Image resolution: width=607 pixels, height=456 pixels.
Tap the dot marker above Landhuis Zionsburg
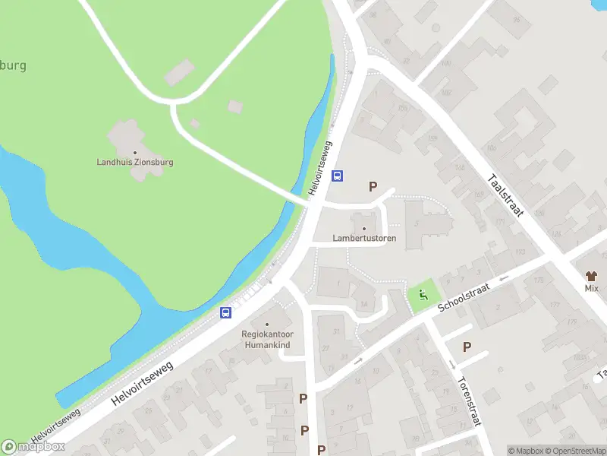135,152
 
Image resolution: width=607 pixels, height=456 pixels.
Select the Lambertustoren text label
364,238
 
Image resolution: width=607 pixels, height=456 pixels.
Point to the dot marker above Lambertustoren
364,229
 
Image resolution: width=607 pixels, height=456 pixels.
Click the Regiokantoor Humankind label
266,339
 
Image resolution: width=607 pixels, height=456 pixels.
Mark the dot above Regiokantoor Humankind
266,325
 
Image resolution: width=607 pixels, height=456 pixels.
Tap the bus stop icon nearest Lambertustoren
338,176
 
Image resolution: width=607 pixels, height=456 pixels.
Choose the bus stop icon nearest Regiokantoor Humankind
225,312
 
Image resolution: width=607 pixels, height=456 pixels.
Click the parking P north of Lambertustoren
373,186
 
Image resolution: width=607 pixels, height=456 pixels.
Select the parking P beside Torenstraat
467,347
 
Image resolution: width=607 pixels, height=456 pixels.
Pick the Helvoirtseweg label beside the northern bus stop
322,167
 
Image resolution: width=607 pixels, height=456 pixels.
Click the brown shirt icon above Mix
592,277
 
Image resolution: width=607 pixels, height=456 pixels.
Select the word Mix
592,289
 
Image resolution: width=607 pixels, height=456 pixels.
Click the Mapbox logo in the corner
33,446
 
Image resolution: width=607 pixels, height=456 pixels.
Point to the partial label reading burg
13,65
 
